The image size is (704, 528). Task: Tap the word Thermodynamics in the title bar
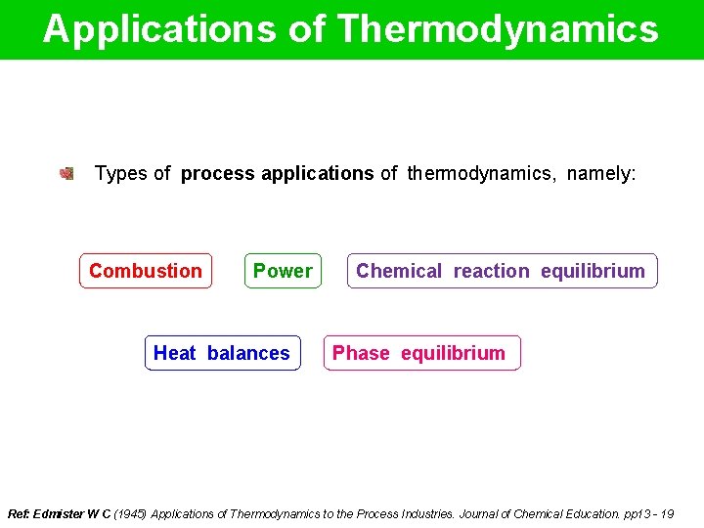click(x=498, y=29)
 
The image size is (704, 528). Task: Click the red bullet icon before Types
click(x=66, y=174)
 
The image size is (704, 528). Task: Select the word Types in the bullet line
click(x=120, y=174)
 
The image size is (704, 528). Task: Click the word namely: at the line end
click(x=600, y=174)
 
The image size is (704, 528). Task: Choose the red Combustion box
click(x=146, y=271)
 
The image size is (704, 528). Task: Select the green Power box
click(x=283, y=271)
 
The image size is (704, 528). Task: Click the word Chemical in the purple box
click(x=399, y=271)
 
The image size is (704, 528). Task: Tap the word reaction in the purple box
click(x=491, y=271)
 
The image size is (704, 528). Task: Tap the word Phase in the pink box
click(x=361, y=353)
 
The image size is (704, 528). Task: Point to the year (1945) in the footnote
click(x=131, y=513)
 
